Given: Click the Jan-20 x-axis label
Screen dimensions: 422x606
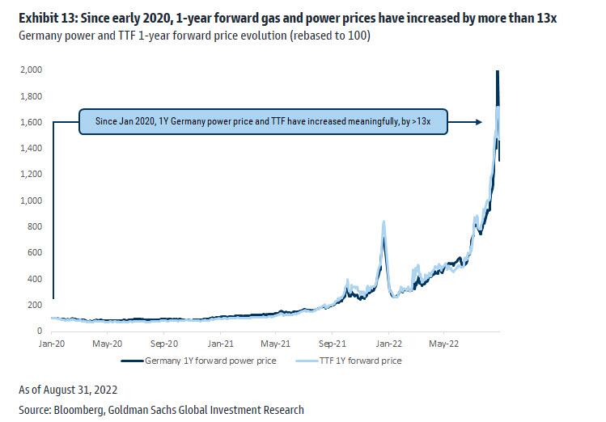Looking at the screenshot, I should click(x=53, y=343).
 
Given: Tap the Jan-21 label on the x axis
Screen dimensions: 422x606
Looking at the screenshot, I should click(x=220, y=343).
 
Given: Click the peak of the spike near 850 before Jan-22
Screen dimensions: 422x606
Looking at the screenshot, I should click(x=383, y=222).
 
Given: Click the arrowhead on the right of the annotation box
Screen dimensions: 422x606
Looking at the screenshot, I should click(x=480, y=122).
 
